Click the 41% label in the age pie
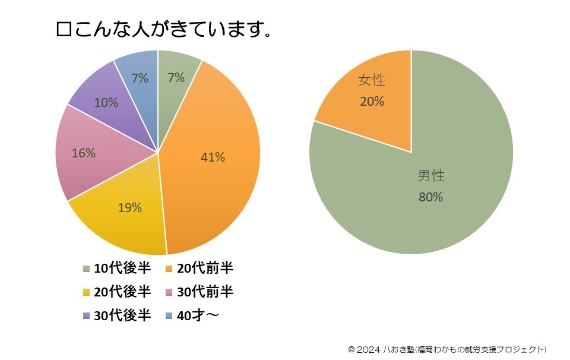[213, 157]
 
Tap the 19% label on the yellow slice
[129, 208]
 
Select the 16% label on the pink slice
[83, 153]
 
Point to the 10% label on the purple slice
[106, 103]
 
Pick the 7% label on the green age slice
[176, 78]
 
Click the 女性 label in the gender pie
[372, 81]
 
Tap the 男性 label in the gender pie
[431, 176]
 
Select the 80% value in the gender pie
[431, 197]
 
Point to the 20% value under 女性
[372, 102]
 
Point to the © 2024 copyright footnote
[447, 349]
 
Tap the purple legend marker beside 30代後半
[87, 316]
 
